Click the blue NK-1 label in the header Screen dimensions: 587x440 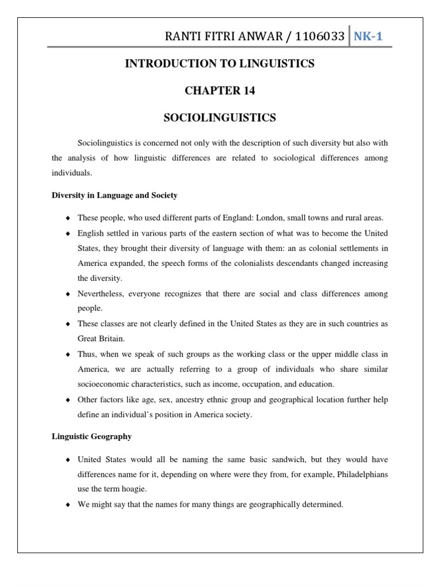[x=368, y=37]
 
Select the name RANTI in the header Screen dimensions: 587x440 [x=182, y=37]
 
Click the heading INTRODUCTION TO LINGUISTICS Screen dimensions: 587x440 [x=220, y=64]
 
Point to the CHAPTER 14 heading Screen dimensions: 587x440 [x=220, y=91]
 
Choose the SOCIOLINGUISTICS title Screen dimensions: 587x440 [x=220, y=118]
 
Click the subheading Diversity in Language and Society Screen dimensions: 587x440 [x=115, y=195]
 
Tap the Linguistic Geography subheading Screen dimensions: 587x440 [x=92, y=436]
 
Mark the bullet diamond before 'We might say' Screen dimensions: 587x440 [x=69, y=505]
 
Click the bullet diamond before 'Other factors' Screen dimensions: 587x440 [x=69, y=399]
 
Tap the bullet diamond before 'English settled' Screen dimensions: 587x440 [x=69, y=234]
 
